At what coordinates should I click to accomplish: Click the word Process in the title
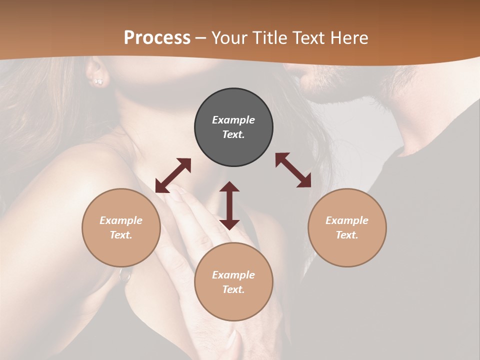(157, 38)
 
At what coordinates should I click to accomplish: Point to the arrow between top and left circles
(173, 175)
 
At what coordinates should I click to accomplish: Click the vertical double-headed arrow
(229, 205)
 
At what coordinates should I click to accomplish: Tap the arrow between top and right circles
(293, 170)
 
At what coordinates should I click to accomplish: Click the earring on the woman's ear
(98, 81)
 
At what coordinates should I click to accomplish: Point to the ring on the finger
(124, 274)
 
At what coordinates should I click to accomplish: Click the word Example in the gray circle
(233, 120)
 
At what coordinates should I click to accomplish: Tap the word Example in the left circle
(121, 220)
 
